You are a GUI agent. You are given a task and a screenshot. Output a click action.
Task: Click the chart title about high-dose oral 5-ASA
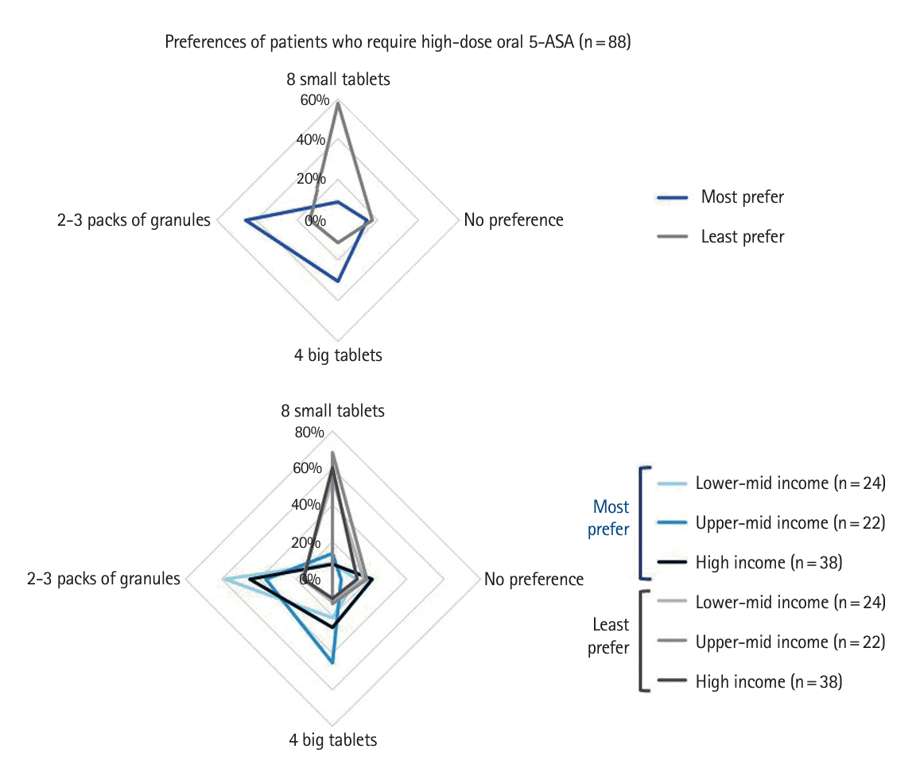[398, 42]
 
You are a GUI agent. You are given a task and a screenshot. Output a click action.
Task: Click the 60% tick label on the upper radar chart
[313, 100]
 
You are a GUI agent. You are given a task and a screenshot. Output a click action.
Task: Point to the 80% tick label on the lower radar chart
[309, 433]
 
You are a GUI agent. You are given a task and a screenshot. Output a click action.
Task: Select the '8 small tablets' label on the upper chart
[338, 80]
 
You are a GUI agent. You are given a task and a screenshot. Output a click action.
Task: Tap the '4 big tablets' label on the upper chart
[338, 355]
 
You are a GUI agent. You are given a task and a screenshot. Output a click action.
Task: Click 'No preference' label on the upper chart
[514, 220]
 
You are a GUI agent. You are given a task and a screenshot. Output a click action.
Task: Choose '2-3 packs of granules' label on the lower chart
[103, 579]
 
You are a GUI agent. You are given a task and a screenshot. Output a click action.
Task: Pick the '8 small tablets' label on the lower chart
[332, 411]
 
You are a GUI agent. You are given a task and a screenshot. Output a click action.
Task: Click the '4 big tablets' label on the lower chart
[333, 740]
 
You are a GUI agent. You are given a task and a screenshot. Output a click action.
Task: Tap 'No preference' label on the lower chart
[534, 580]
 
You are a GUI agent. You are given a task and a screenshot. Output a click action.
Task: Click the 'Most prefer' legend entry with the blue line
[742, 197]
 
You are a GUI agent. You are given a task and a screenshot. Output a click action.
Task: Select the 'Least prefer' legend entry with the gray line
[742, 237]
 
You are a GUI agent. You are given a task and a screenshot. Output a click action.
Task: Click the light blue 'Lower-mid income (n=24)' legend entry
[790, 483]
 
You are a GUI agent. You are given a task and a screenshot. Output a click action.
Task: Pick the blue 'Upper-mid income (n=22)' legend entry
[790, 523]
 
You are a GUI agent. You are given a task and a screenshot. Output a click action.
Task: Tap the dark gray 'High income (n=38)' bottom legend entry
[768, 681]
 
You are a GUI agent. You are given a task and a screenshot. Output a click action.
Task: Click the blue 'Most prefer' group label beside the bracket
[610, 518]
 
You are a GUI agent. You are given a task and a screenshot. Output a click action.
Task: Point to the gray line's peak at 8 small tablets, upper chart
[338, 103]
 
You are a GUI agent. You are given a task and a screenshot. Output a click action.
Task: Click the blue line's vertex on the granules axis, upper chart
[245, 219]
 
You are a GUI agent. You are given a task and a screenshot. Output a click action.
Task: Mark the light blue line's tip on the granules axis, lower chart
[223, 580]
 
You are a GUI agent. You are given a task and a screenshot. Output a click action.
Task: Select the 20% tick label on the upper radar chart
[312, 178]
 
